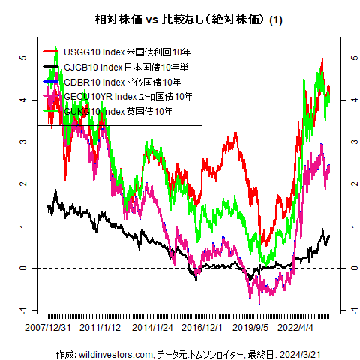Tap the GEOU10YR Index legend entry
point(128,96)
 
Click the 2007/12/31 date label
point(49,328)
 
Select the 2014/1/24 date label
point(152,328)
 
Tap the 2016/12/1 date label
point(202,328)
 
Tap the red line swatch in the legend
point(51,52)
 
